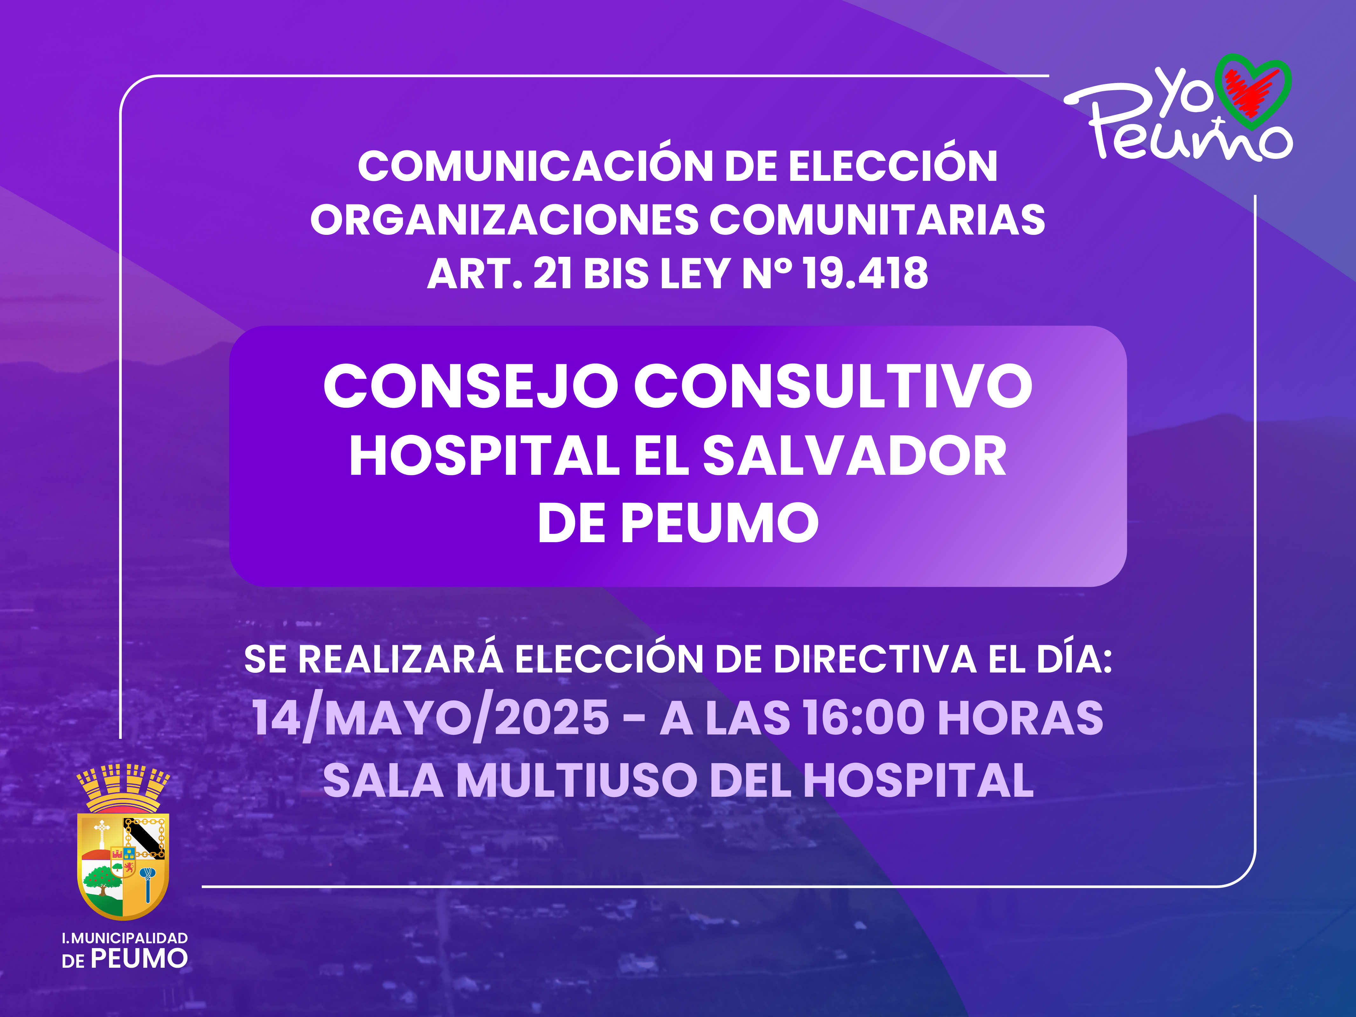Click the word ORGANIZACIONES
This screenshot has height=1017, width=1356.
coord(504,220)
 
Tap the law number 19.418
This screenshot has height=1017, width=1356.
coord(866,273)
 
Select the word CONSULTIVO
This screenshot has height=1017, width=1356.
coord(833,387)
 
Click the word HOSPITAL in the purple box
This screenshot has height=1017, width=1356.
coord(484,456)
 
